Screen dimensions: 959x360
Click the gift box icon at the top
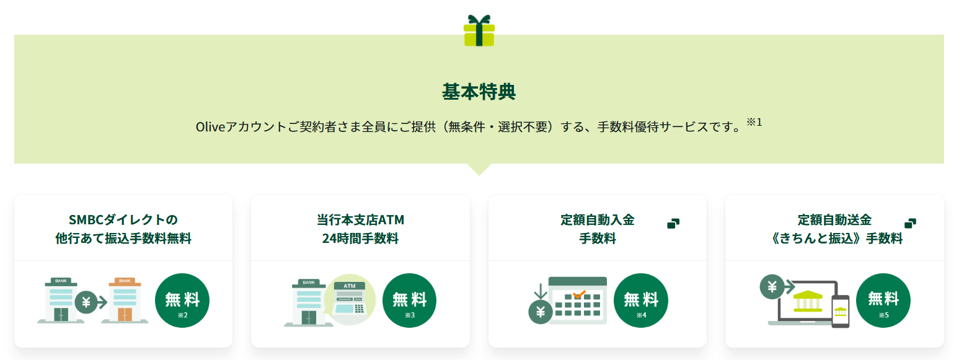pos(479,30)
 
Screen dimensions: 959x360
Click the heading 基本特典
pos(479,92)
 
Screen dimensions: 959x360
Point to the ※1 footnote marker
pos(754,123)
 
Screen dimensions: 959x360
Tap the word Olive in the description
pos(210,127)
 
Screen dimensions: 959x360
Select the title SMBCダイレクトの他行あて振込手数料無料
pos(123,229)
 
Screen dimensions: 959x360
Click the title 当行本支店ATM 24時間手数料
pos(361,229)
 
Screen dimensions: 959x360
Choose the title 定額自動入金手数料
pos(598,229)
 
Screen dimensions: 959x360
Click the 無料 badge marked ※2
pos(182,301)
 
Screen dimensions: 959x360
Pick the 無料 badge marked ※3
pos(410,301)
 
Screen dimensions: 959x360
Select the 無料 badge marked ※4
pos(641,301)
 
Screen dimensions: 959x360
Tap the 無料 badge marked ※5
pos(883,301)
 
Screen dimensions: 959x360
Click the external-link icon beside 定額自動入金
pos(673,224)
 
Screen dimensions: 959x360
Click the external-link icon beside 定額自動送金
pos(910,224)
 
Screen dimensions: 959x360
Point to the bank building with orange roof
pos(125,301)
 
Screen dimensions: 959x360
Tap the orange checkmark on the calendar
pos(579,294)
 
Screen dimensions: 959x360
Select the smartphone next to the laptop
pos(841,312)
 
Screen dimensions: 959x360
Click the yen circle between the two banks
pos(86,302)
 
